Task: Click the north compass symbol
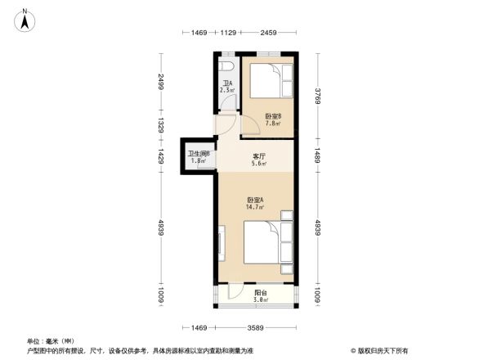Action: (x=25, y=19)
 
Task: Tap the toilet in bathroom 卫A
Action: (x=228, y=65)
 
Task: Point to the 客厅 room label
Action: (x=259, y=155)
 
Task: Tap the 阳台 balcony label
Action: (x=260, y=292)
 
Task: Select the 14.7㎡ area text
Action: (x=255, y=207)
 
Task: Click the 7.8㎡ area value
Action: (x=273, y=124)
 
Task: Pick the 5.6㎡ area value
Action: (x=259, y=164)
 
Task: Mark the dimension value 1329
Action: (x=163, y=126)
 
